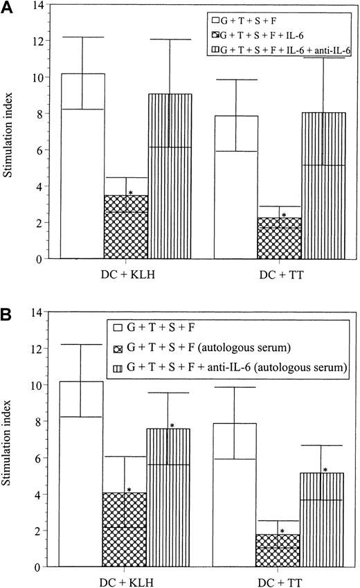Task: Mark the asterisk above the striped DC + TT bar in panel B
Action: coord(325,470)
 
